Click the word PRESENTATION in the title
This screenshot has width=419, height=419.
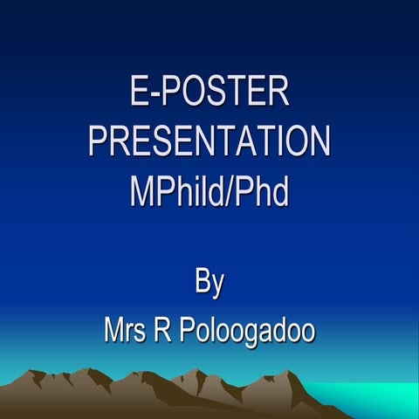[x=209, y=141]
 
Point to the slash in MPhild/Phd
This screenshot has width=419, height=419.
[x=231, y=192]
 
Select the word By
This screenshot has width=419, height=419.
[x=209, y=285]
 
